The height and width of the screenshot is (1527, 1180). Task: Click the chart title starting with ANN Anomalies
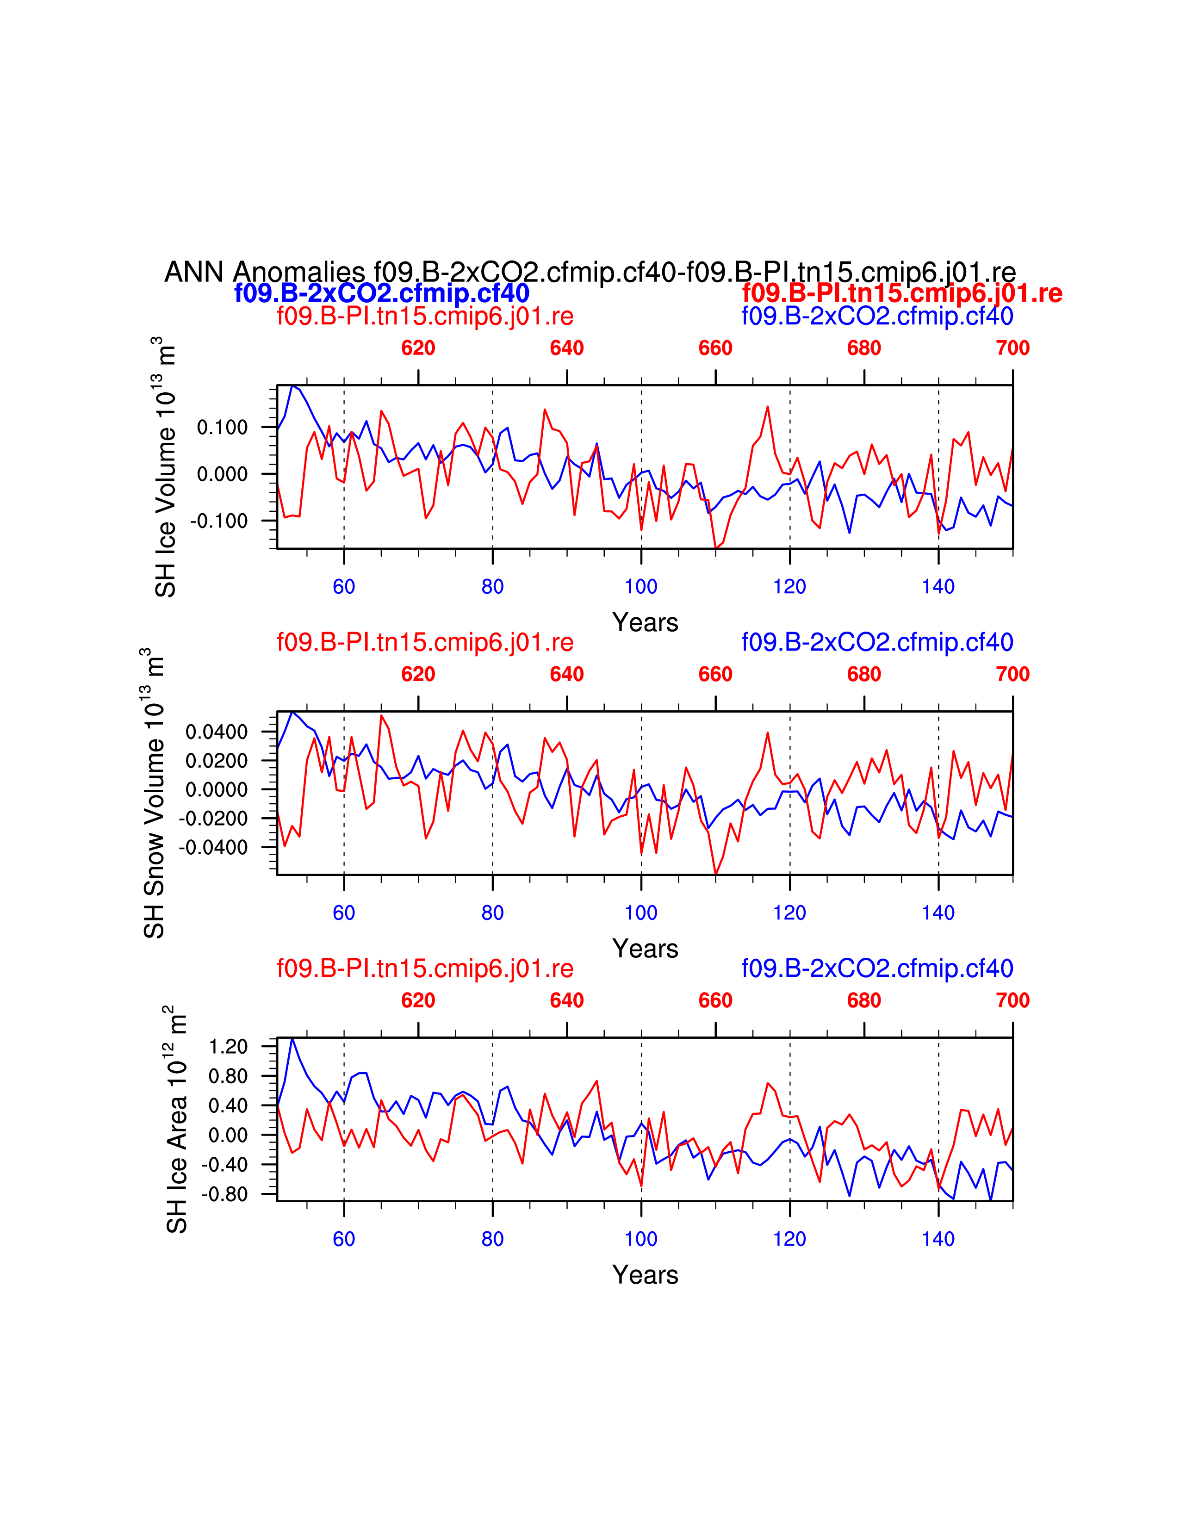589,272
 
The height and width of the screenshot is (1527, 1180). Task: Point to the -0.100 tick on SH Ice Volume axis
219,521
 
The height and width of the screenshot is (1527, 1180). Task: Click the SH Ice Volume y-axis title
166,467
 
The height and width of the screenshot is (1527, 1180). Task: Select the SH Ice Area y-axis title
177,1119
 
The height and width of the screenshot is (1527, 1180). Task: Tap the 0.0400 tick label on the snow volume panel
217,732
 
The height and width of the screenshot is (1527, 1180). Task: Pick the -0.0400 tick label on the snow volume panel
214,847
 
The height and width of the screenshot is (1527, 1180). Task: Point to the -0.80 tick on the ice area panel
225,1194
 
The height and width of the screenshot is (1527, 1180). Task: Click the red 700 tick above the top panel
1012,348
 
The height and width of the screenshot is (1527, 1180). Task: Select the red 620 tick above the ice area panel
418,1000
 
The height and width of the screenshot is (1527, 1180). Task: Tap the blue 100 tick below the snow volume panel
641,912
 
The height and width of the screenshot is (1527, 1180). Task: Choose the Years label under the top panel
645,622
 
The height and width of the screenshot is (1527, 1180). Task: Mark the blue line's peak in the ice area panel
292,1039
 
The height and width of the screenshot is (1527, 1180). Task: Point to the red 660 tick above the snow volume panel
715,674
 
